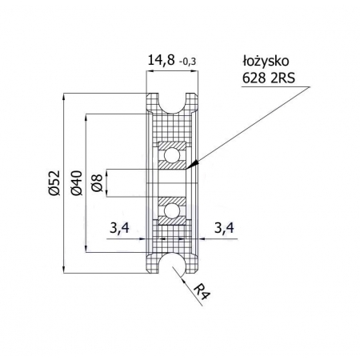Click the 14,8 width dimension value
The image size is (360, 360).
tap(161, 61)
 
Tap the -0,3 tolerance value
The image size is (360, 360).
tap(188, 62)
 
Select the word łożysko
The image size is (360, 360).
tap(266, 61)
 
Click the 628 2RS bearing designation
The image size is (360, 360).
tap(269, 78)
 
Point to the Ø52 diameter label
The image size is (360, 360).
tap(54, 183)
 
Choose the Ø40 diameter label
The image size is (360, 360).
tap(77, 183)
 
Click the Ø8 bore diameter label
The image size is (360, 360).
tap(97, 183)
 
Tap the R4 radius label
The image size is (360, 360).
tap(202, 292)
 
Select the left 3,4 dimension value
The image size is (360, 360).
tap(119, 228)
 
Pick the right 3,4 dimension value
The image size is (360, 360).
tap(224, 228)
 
